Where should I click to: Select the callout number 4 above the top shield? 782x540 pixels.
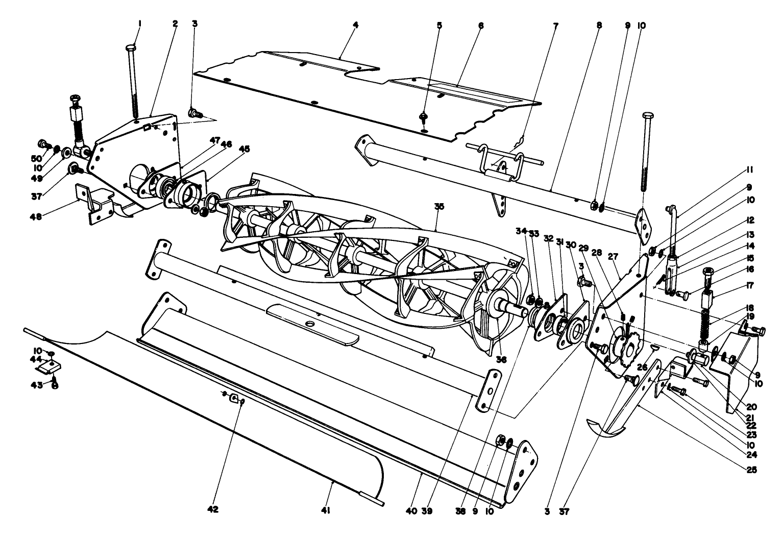pyautogui.click(x=356, y=24)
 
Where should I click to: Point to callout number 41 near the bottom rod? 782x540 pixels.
pyautogui.click(x=326, y=509)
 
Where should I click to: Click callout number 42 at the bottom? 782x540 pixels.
pyautogui.click(x=213, y=509)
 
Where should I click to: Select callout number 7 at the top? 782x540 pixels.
pyautogui.click(x=556, y=24)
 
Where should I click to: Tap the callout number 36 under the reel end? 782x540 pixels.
pyautogui.click(x=502, y=359)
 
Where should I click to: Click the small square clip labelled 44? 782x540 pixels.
pyautogui.click(x=52, y=365)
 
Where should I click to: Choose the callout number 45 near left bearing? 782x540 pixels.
pyautogui.click(x=244, y=149)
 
